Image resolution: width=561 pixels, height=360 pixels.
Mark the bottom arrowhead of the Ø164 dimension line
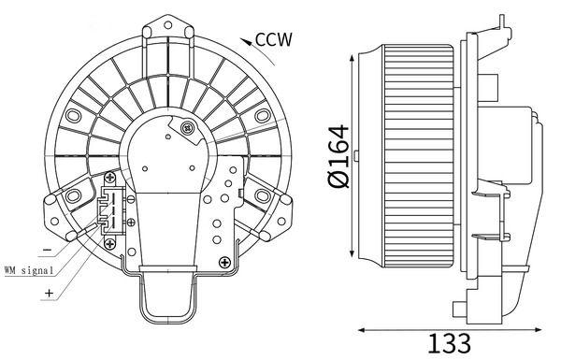point(350,261)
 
